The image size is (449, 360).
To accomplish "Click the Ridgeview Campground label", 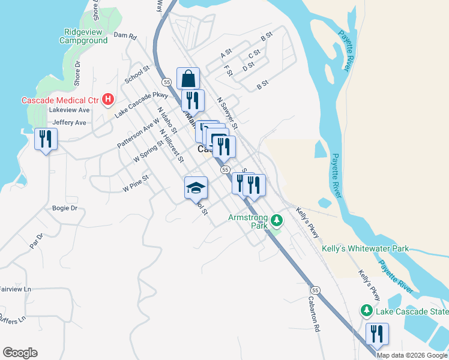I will click(x=83, y=36).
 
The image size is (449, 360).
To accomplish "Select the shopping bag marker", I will click(x=188, y=79).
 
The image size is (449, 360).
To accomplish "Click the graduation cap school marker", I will click(x=196, y=188).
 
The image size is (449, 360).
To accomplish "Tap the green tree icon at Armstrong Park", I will click(x=276, y=221).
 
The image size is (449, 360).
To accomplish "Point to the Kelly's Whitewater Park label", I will click(x=365, y=248).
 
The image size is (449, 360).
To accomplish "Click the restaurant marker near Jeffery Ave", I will click(x=46, y=140).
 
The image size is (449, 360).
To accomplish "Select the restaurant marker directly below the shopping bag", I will click(x=193, y=100).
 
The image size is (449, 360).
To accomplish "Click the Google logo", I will click(x=20, y=353).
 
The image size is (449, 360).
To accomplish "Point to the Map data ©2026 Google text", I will click(x=412, y=355).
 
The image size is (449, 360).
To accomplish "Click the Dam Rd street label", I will click(x=125, y=37).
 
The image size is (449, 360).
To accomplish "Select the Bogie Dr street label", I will click(x=66, y=208).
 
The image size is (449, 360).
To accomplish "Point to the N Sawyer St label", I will click(x=228, y=113).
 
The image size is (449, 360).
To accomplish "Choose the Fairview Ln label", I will click(x=15, y=289).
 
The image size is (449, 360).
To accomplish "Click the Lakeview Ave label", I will click(x=69, y=110).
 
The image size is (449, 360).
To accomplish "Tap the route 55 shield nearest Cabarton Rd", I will click(x=316, y=290).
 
